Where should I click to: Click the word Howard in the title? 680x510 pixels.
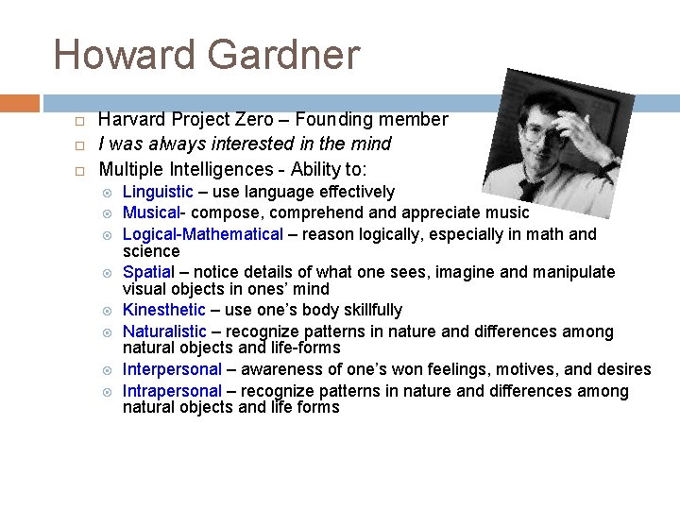[124, 55]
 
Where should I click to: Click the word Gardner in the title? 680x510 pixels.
[283, 55]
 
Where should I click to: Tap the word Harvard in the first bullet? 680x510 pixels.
[131, 119]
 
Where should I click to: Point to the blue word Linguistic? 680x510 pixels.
[158, 192]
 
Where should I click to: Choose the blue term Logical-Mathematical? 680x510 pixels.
[202, 233]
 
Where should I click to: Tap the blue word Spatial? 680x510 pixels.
[148, 272]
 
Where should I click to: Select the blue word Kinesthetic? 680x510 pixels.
[163, 310]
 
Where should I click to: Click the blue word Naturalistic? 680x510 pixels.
[164, 331]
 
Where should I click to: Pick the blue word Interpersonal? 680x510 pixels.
[172, 369]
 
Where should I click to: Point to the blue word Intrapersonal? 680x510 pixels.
[172, 390]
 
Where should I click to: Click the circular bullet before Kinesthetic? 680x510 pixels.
[107, 311]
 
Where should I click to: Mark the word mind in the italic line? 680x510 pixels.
[372, 144]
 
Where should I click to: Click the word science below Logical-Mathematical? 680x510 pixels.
[151, 251]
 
